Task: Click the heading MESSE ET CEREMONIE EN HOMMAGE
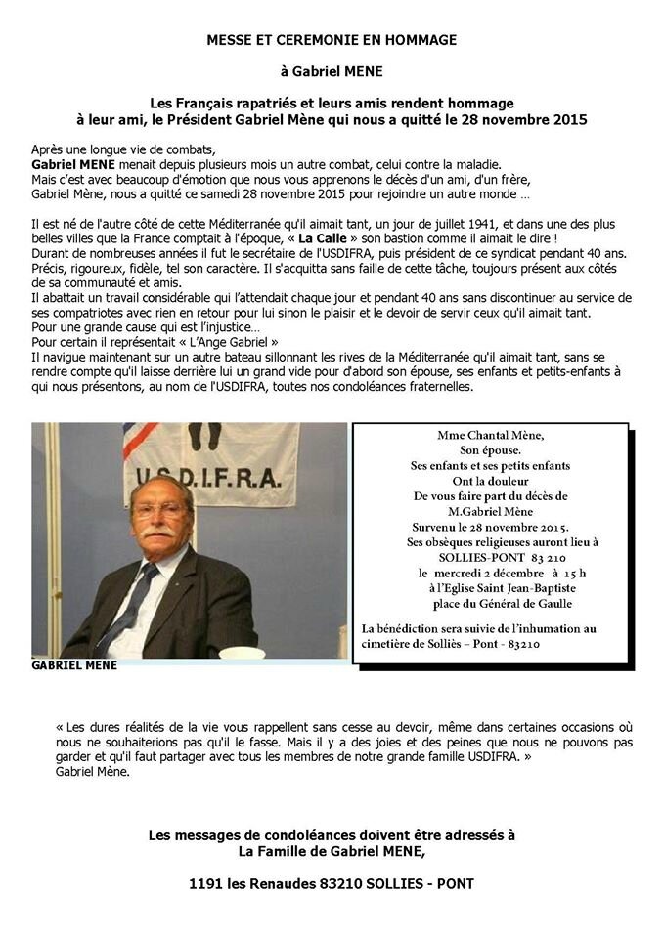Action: tap(332, 40)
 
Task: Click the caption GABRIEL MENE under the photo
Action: tap(74, 665)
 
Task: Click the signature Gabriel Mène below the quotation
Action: tap(92, 771)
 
